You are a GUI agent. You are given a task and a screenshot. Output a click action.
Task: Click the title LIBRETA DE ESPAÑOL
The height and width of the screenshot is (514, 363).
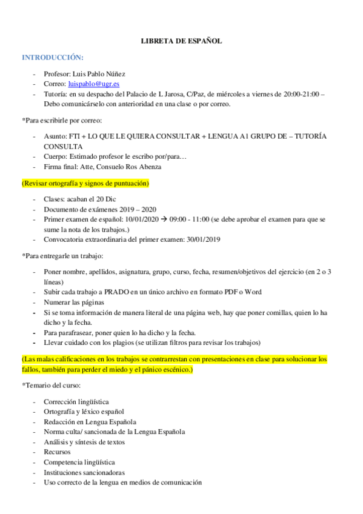coord(181,41)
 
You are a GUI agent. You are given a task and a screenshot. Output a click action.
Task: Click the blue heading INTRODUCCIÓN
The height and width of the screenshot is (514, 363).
coord(52,58)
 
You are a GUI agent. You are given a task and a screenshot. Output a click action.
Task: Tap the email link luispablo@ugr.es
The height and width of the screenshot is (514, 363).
coord(93,84)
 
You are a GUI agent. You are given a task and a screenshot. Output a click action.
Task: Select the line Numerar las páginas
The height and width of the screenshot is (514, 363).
coord(74,302)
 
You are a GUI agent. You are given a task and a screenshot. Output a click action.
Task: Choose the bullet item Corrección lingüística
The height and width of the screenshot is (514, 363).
coord(76,401)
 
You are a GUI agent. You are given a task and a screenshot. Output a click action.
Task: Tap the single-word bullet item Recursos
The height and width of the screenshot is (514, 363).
coord(57,452)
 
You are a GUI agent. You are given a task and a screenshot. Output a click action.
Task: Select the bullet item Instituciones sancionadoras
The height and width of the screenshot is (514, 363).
coord(84,472)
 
